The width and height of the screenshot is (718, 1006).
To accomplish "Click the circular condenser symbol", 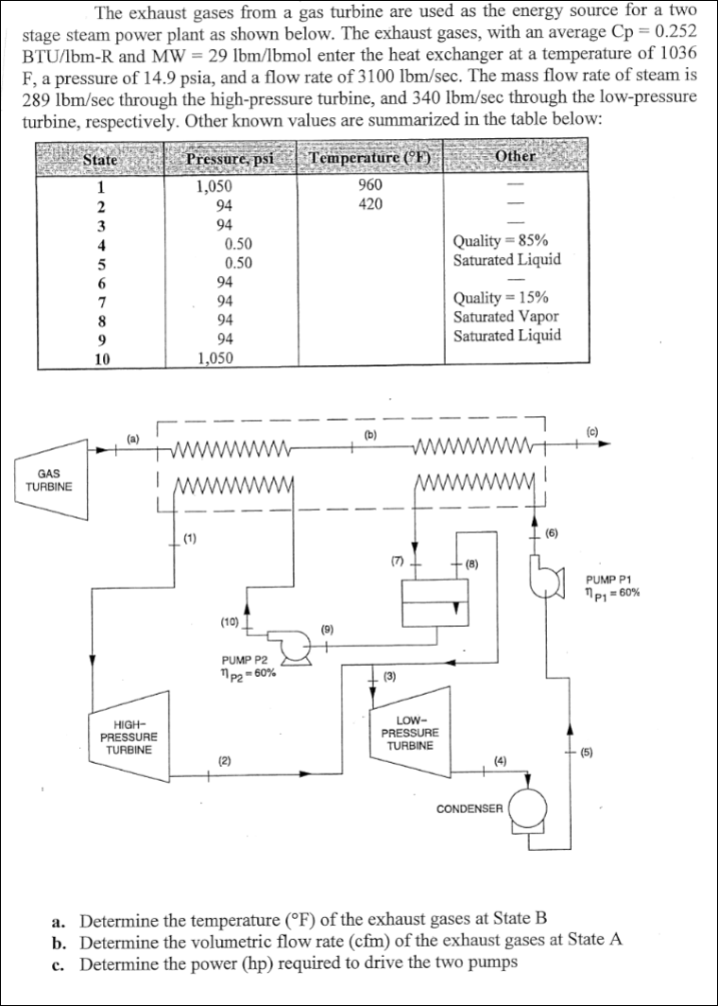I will pos(526,809).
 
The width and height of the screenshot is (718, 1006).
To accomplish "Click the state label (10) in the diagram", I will pos(229,621).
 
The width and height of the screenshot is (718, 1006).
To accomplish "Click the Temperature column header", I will pos(370,158).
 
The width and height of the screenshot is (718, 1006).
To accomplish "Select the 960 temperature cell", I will pos(370,185).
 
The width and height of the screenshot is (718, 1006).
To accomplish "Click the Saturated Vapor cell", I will pos(505,317).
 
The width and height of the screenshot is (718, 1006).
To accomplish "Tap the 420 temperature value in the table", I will pos(370,204).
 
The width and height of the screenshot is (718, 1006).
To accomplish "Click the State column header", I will pos(100,159).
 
